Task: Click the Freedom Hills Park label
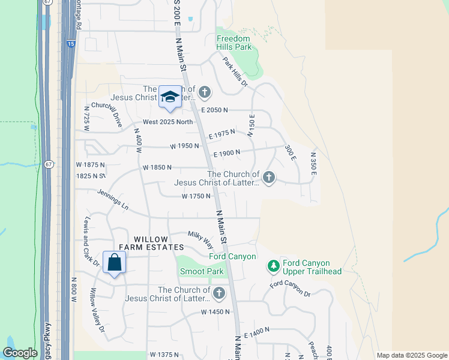point(234,43)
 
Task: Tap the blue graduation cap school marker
point(170,97)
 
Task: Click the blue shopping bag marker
point(114,263)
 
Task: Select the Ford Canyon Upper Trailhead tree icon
point(273,265)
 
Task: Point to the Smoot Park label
point(202,272)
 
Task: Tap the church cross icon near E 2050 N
point(205,92)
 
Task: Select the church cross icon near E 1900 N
point(269,177)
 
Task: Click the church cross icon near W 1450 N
point(219,293)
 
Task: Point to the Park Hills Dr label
point(235,71)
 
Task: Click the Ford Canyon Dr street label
point(290,289)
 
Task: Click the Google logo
point(20,353)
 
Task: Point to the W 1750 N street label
point(196,196)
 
